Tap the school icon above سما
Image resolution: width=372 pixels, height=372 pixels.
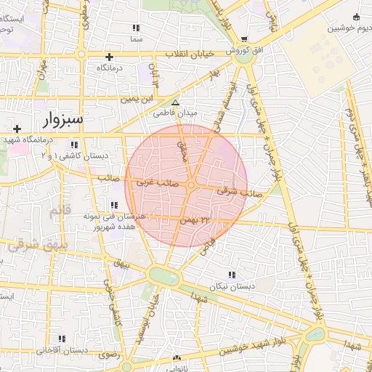[x=136, y=28]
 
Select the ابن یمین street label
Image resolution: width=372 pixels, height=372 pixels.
[x=137, y=97]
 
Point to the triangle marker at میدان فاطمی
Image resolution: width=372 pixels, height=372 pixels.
[x=175, y=102]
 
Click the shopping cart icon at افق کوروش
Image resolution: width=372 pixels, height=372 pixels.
[x=244, y=39]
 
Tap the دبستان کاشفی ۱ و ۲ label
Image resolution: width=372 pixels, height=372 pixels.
[x=84, y=156]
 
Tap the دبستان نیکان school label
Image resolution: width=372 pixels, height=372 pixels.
[x=232, y=286]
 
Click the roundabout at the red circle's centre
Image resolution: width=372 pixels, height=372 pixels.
[x=190, y=187]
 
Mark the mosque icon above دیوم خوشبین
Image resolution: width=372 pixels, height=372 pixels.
[x=356, y=17]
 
